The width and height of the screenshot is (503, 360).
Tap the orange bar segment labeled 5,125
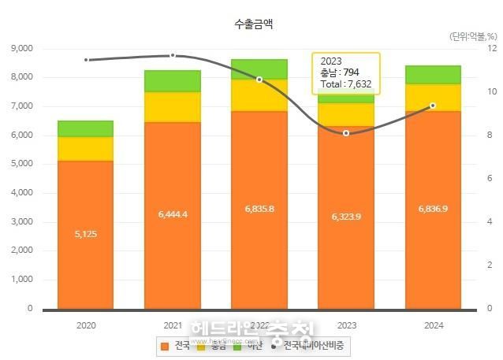(x=86, y=234)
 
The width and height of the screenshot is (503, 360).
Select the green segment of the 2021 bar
(x=172, y=80)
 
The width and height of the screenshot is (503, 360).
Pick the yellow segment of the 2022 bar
(x=259, y=95)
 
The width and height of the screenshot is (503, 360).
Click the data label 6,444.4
(x=172, y=213)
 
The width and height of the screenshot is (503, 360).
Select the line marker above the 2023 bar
(x=345, y=133)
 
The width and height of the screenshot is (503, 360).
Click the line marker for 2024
(x=432, y=106)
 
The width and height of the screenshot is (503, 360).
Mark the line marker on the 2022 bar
(x=259, y=79)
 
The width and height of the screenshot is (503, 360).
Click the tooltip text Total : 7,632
(x=345, y=84)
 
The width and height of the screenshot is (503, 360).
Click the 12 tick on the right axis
(x=491, y=48)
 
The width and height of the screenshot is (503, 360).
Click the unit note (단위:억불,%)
(x=473, y=36)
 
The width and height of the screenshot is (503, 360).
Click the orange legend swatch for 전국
(x=164, y=346)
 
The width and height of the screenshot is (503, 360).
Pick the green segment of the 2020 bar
(x=86, y=128)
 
